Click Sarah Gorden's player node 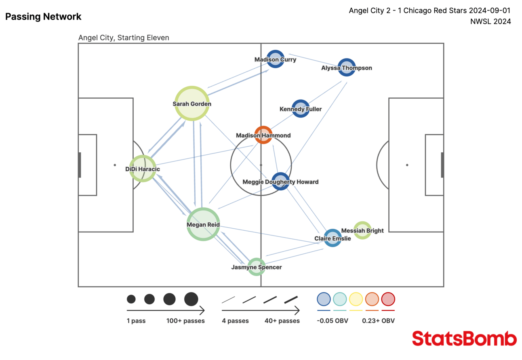pos(192,103)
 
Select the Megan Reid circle pos(203,224)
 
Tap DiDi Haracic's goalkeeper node pos(142,168)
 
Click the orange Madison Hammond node pos(263,135)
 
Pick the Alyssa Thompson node pos(346,67)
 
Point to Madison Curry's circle pos(275,59)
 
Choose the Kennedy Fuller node pos(300,109)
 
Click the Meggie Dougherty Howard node pos(280,181)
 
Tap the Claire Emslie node pos(333,238)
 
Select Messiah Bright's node pos(362,230)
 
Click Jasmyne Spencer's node pos(256,267)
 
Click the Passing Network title pos(43,17)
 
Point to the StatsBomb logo pos(464,339)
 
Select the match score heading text pos(430,11)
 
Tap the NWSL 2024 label pos(490,22)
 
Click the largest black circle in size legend pos(191,299)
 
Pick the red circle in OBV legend pos(388,299)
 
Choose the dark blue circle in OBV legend pos(324,299)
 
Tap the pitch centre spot pos(261,165)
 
